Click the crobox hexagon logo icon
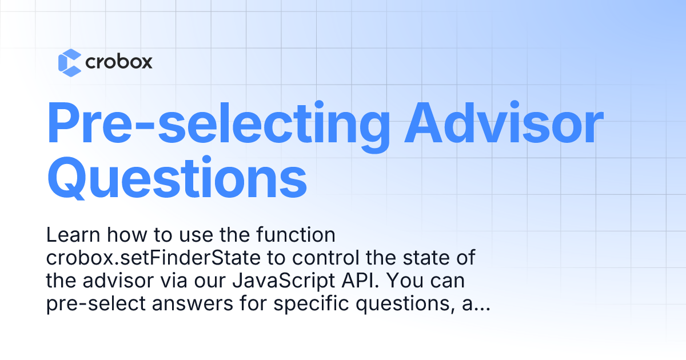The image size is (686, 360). click(x=70, y=62)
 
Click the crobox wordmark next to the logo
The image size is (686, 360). click(x=118, y=62)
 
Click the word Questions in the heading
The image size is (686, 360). click(x=177, y=179)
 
